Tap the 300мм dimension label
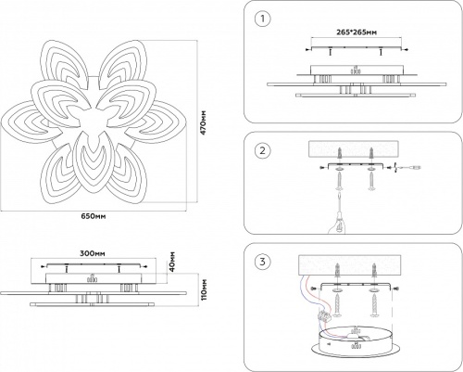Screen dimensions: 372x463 92,251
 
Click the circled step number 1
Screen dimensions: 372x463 263,19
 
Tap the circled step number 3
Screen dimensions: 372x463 263,263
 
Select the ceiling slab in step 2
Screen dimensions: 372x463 355,148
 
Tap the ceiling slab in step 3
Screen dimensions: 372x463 355,264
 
